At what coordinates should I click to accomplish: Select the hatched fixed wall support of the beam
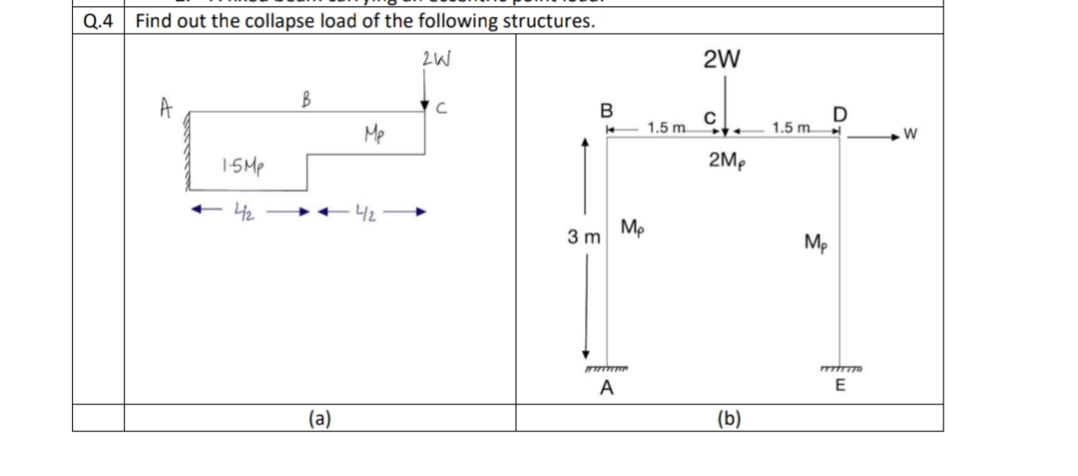tap(184, 151)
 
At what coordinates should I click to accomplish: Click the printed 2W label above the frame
tap(721, 60)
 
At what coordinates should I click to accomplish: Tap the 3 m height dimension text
tap(583, 238)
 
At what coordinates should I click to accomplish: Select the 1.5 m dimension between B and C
tap(667, 128)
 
